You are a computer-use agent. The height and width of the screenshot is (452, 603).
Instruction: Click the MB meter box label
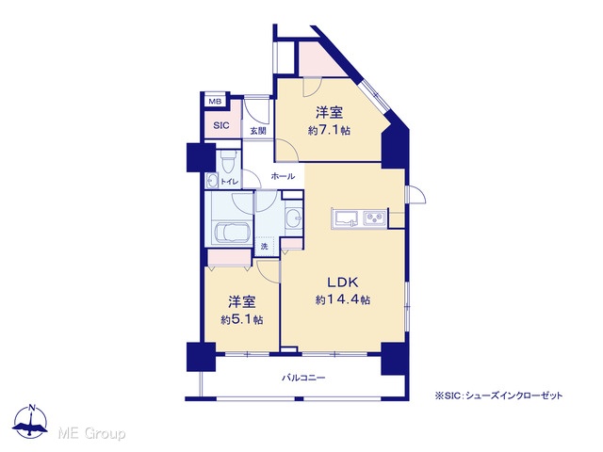tap(215, 102)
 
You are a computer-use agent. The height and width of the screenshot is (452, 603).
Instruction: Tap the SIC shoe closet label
tap(221, 125)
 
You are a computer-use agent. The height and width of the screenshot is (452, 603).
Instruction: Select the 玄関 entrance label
tap(258, 131)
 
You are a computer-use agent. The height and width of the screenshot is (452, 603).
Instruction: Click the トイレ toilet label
tap(230, 182)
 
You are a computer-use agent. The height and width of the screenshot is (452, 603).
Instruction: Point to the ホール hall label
tap(283, 176)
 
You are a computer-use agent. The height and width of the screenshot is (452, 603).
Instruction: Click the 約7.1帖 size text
tap(329, 131)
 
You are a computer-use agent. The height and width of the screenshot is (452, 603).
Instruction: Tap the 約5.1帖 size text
tap(242, 320)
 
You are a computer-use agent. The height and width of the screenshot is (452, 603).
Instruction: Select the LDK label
tap(343, 282)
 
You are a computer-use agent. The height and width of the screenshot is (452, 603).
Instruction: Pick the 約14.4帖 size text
tap(343, 299)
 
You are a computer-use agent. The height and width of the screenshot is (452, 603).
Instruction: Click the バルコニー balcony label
tap(303, 378)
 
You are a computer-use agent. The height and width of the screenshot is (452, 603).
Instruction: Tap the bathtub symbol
tap(233, 234)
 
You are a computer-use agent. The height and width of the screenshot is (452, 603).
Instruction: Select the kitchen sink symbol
tap(346, 218)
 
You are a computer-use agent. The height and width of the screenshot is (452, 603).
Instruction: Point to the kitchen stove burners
tap(372, 218)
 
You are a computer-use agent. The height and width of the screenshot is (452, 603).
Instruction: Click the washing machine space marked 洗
tap(264, 247)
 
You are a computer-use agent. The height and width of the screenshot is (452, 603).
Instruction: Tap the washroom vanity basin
tap(294, 218)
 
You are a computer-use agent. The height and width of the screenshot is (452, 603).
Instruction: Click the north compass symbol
tap(30, 421)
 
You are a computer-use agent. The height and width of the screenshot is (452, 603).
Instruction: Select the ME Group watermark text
tap(91, 434)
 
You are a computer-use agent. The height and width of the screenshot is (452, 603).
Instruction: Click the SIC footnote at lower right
tap(498, 395)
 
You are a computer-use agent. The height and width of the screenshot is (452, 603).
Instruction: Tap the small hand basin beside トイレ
tap(211, 180)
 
